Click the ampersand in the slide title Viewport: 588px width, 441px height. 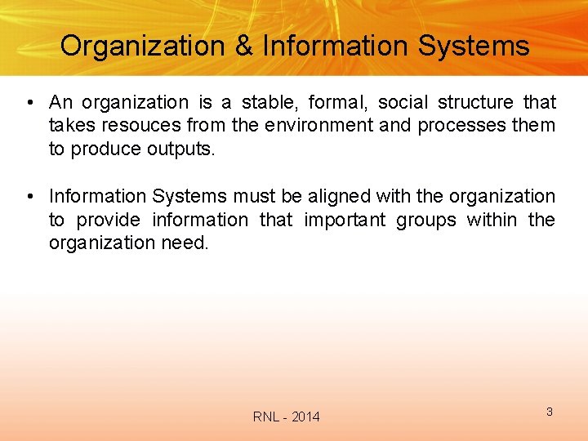(244, 46)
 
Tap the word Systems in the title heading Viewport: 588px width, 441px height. (474, 46)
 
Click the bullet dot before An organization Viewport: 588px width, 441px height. (29, 103)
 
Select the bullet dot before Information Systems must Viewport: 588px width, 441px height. (29, 197)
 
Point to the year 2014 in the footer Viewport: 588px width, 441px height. (305, 417)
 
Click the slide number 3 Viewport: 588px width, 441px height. (549, 412)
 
